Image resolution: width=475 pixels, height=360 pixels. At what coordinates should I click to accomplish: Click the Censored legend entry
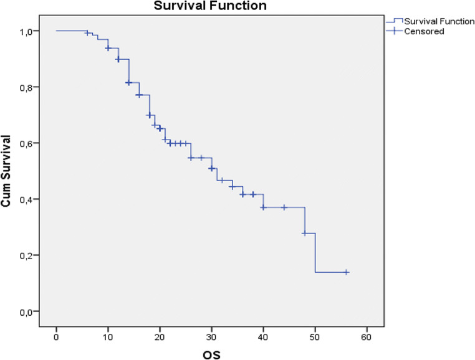423,31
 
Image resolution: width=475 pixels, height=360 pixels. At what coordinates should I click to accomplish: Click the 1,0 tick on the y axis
32,31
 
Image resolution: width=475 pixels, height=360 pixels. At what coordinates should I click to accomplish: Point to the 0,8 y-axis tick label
32,87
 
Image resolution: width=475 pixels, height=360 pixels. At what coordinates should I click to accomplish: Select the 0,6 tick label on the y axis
32,143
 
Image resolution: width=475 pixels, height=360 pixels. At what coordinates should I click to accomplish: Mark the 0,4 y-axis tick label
32,199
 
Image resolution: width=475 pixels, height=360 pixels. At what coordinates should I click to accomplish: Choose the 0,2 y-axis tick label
32,255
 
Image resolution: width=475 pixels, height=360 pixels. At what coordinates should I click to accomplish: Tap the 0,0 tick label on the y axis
32,311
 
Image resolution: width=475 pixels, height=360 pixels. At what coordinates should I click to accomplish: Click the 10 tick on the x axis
108,329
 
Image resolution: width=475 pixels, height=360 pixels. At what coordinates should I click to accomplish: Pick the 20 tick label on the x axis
160,329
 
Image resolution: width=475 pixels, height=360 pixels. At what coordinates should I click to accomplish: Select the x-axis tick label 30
211,329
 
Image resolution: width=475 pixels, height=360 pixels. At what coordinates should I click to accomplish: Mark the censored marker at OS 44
284,207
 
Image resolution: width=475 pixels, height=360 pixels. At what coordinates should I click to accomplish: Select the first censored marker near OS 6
87,33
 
